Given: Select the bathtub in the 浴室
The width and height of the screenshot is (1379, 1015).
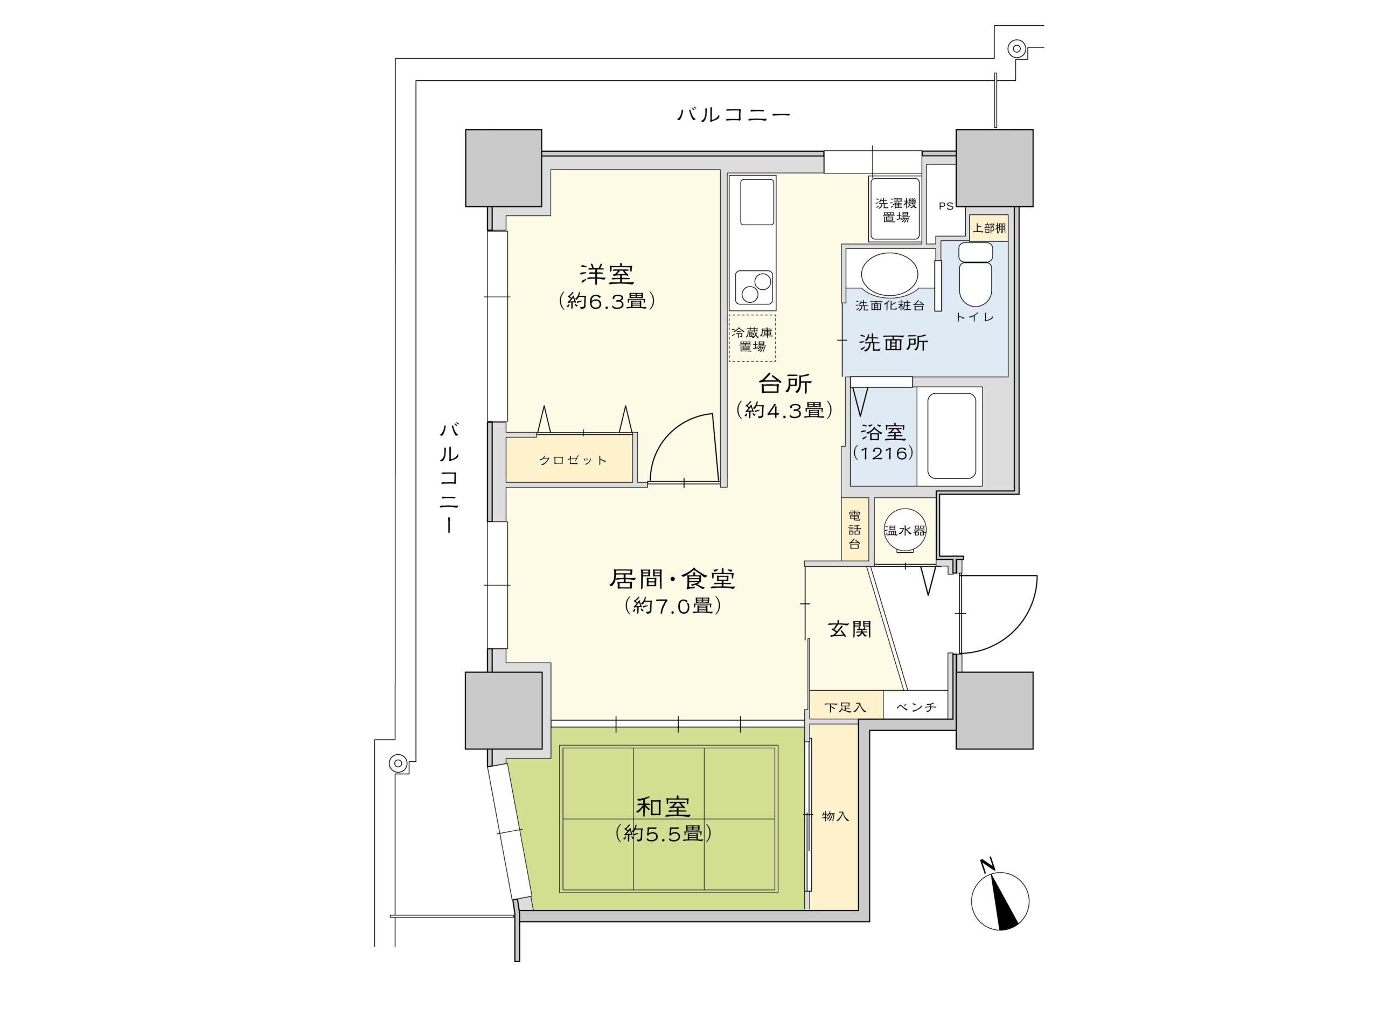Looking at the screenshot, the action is click(x=951, y=436).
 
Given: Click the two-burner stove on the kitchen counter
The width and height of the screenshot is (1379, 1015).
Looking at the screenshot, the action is click(x=753, y=287).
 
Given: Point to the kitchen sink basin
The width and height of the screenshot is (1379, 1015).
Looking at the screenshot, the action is click(x=756, y=202).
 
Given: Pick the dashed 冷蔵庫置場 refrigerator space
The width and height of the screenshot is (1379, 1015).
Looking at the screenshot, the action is click(x=752, y=338).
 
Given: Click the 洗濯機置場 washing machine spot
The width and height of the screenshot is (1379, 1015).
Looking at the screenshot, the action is click(x=894, y=210).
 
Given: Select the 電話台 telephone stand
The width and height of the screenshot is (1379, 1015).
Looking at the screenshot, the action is click(x=854, y=529).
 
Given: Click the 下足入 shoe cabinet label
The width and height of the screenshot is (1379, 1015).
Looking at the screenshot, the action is click(x=845, y=707).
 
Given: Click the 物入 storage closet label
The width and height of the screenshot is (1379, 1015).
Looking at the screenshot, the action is click(x=835, y=816).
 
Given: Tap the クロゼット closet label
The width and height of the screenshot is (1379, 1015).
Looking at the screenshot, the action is click(x=573, y=460).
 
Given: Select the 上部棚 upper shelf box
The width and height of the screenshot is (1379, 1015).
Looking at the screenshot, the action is click(x=988, y=228).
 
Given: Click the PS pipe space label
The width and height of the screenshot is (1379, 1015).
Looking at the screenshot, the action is click(x=945, y=206).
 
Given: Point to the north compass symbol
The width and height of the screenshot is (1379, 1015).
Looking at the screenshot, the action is click(x=999, y=901).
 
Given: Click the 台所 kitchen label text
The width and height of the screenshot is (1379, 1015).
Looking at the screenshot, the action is click(x=785, y=384).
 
